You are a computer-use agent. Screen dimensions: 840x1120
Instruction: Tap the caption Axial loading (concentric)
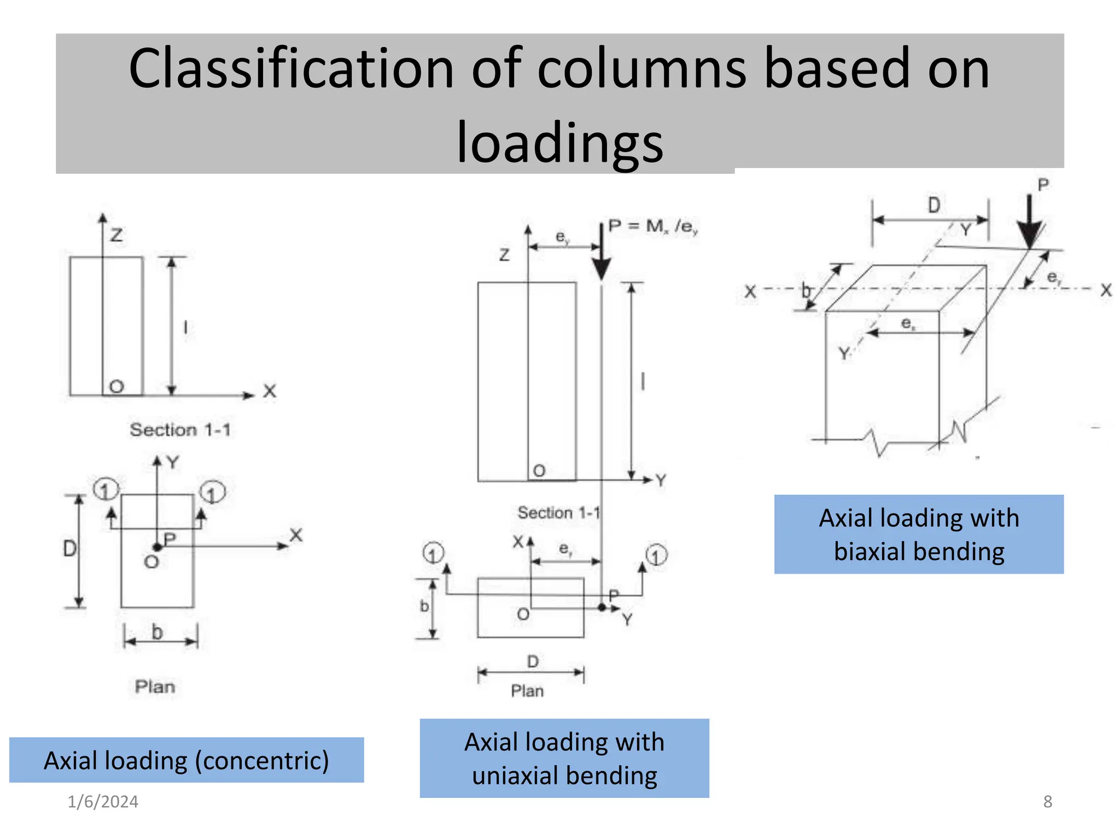pos(186,760)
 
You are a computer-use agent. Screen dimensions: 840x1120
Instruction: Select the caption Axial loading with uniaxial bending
pos(564,759)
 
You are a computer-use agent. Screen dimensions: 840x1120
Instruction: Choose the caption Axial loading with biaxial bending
pos(919,534)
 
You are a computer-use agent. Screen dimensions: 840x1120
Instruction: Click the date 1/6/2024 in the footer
pos(103,802)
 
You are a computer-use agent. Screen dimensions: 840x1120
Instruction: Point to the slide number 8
pos(1047,802)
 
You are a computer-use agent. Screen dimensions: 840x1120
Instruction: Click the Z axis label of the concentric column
pos(116,235)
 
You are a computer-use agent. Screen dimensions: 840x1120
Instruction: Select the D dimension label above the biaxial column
pos(934,206)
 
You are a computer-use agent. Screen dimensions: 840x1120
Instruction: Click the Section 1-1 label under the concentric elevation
pos(180,430)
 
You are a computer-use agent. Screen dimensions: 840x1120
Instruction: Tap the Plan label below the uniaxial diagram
pos(527,691)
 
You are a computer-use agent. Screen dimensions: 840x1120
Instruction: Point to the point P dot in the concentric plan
pos(157,547)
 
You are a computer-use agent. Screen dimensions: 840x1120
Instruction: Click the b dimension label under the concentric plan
pos(157,632)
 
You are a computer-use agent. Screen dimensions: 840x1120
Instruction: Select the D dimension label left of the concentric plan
pos(69,549)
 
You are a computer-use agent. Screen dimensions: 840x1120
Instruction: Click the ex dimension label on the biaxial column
pos(908,324)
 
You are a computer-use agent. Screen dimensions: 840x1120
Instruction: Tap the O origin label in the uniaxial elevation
pos(539,471)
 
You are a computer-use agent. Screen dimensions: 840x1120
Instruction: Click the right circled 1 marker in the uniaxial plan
pos(656,556)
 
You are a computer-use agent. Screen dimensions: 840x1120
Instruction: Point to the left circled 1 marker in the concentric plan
pos(106,489)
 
